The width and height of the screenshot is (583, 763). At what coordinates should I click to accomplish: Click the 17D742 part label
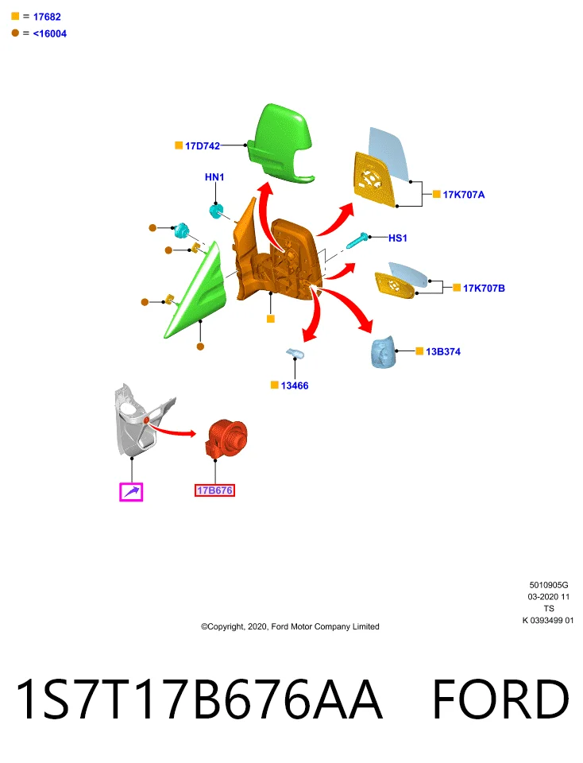[x=203, y=145]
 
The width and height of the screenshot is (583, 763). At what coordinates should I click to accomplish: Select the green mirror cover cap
[x=280, y=143]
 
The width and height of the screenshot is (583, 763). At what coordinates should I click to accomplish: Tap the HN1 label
[x=214, y=177]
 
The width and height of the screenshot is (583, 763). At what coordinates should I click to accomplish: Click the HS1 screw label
[x=397, y=238]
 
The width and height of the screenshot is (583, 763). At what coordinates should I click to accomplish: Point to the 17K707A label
[x=463, y=195]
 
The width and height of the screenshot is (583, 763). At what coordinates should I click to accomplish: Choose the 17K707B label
[x=484, y=288]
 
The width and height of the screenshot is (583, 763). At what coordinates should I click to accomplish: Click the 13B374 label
[x=443, y=351]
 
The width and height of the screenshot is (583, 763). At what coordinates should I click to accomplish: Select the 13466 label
[x=294, y=385]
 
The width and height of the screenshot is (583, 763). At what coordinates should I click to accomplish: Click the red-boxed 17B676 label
[x=214, y=490]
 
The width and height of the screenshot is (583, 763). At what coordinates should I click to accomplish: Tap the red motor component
[x=227, y=438]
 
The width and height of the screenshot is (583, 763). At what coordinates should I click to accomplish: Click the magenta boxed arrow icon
[x=131, y=492]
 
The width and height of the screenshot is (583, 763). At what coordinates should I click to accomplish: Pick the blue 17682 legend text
[x=47, y=17]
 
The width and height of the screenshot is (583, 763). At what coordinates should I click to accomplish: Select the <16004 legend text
[x=49, y=33]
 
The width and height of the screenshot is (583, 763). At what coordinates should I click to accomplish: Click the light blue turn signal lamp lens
[x=383, y=351]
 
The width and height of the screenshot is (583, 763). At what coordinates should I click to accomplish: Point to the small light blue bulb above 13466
[x=295, y=353]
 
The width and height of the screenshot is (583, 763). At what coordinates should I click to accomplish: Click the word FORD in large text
[x=500, y=699]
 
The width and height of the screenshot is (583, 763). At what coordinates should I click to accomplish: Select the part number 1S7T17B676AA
[x=199, y=699]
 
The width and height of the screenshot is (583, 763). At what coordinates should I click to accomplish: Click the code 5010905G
[x=549, y=585]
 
